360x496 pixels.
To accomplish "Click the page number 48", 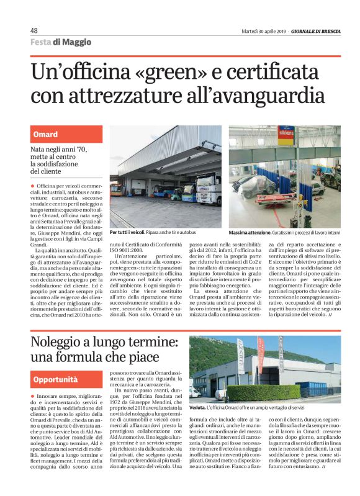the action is click(34, 30).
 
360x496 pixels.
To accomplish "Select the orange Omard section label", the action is click(45, 134).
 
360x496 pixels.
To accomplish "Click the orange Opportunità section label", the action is click(56, 379).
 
